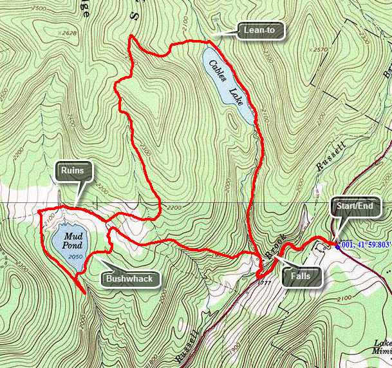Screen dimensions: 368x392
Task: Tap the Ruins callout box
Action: point(74,171)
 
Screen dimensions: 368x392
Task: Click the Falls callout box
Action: point(300,276)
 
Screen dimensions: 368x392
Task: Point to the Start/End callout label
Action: point(355,207)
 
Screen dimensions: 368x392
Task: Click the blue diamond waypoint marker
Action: point(337,245)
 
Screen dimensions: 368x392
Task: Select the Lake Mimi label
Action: point(383,349)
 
